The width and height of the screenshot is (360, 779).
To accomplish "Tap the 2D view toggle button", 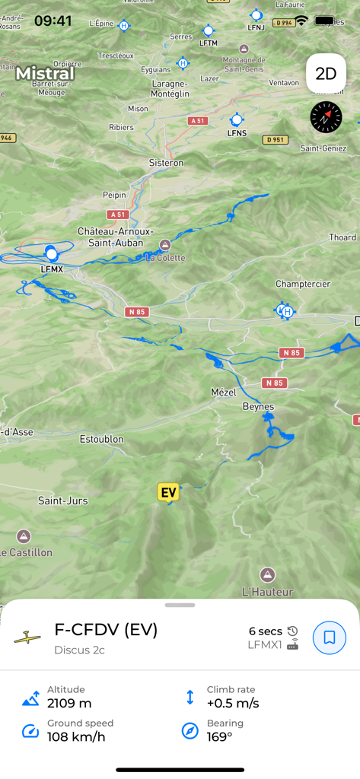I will coord(326,74).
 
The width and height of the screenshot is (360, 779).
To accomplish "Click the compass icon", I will coord(326,117).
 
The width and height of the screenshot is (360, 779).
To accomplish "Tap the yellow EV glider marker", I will coord(168,492).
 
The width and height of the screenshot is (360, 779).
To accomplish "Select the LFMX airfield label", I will coord(51,269).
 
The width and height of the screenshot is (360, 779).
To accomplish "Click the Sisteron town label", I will coord(166,163).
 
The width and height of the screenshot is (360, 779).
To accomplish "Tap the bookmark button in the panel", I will coord(329,638).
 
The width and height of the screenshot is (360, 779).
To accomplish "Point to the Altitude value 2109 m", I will coord(69,703).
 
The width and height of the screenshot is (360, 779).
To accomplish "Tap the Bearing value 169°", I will coord(219,736).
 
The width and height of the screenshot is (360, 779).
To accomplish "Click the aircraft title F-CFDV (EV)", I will coord(106,630).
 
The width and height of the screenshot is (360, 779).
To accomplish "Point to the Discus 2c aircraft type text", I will coord(79,650).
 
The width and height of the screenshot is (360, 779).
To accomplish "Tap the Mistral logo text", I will coord(46,74).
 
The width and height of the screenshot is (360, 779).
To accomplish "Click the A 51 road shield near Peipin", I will coord(116,215).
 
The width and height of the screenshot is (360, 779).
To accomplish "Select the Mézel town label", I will coord(224,393).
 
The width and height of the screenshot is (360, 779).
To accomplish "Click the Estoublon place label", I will coord(101,439).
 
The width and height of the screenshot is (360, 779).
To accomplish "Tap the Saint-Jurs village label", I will coord(62,501).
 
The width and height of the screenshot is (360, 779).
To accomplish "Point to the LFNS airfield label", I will coord(237,133).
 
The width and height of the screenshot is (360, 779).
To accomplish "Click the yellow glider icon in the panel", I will coord(27,638).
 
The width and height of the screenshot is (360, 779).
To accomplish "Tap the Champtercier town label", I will coord(303,284).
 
